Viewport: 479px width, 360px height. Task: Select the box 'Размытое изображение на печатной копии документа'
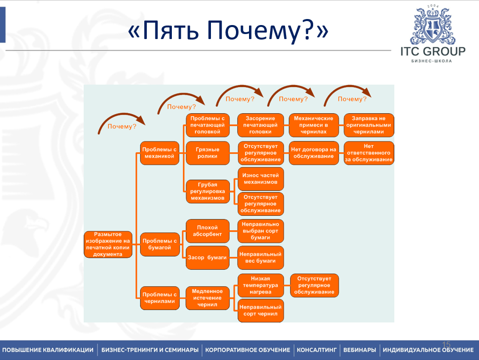[x=108, y=244]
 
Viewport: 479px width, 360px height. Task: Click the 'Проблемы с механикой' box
[x=160, y=153]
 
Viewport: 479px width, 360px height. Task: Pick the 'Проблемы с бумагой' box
[x=160, y=244]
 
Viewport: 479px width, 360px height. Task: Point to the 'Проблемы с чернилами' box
[x=160, y=298]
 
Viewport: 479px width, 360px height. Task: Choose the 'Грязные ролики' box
[x=207, y=153]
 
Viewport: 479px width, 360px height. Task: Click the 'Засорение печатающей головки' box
[x=260, y=125]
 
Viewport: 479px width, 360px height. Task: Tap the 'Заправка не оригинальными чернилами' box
[x=369, y=125]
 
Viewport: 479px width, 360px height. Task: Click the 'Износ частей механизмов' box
[x=260, y=179]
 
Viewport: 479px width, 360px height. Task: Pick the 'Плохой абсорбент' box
[x=207, y=231]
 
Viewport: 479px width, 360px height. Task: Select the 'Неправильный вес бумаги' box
[x=260, y=257]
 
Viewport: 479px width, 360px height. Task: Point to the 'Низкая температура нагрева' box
[x=260, y=285]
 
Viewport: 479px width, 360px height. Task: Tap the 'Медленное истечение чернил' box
[x=207, y=298]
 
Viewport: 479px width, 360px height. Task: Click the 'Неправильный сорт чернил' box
[x=260, y=310]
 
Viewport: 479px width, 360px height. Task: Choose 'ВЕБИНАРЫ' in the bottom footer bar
[x=360, y=350]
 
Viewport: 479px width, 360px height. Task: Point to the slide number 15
[x=446, y=344]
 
